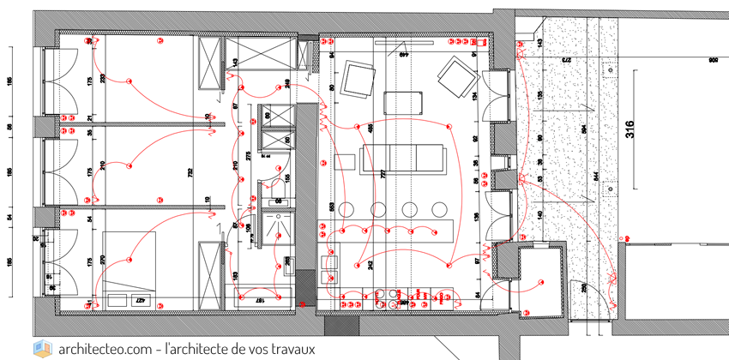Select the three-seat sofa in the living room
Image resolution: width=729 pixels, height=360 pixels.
(404, 159)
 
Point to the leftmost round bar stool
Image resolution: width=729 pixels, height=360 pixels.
(348, 209)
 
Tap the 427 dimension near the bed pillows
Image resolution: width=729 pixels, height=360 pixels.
(137, 300)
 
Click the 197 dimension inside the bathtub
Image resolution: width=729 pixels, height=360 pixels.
(260, 301)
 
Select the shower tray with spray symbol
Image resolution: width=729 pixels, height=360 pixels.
(279, 228)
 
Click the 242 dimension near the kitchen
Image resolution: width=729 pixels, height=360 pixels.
(370, 266)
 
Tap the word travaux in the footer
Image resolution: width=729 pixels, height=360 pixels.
(292, 349)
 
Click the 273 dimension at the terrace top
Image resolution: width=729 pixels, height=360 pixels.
(566, 62)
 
